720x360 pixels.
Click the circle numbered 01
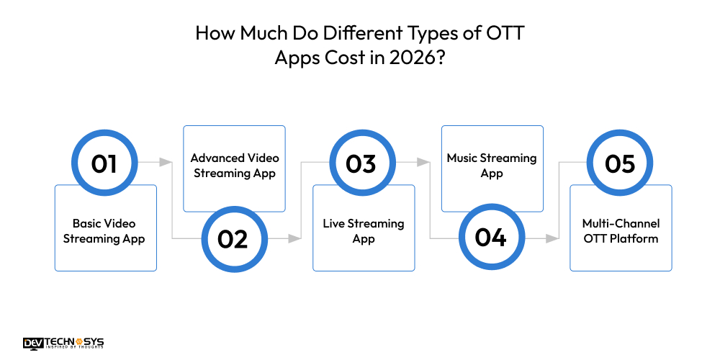pyautogui.click(x=104, y=163)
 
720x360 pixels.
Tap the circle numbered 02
pyautogui.click(x=233, y=238)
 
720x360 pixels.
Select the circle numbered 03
pyautogui.click(x=361, y=163)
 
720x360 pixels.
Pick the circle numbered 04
pyautogui.click(x=490, y=238)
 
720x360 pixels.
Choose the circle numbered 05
pyautogui.click(x=619, y=163)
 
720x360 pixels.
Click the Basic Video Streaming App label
pyautogui.click(x=104, y=231)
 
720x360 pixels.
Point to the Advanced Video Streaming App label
pyautogui.click(x=235, y=165)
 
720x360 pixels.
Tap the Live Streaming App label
pyautogui.click(x=364, y=231)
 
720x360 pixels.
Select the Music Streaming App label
pyautogui.click(x=492, y=165)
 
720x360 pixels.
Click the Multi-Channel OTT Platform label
pyautogui.click(x=621, y=231)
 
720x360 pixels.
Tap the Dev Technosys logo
pyautogui.click(x=63, y=343)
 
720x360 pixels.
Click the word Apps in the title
pyautogui.click(x=296, y=58)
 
